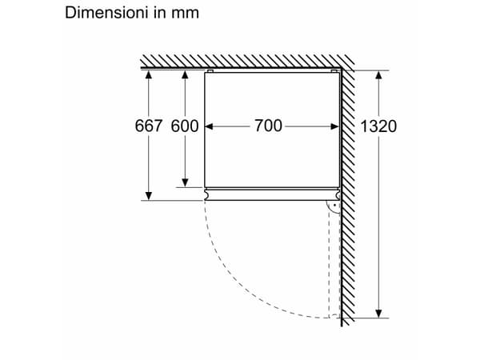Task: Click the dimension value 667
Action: (149, 126)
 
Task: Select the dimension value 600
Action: (185, 126)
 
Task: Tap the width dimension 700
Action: (268, 126)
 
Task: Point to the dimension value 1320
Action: (378, 126)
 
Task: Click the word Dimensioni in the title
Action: (107, 13)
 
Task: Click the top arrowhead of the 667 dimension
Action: (149, 74)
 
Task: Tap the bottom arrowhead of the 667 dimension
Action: (149, 196)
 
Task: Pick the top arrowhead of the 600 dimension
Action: (185, 74)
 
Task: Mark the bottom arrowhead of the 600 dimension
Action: (185, 182)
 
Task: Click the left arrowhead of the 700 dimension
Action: (209, 126)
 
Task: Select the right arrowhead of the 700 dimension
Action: (335, 126)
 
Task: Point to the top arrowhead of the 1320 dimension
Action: (378, 75)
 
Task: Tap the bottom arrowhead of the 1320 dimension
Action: (378, 314)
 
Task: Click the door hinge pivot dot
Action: (335, 205)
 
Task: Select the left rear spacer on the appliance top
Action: (210, 71)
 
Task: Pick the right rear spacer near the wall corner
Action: (334, 71)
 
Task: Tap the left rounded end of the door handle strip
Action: (207, 194)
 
